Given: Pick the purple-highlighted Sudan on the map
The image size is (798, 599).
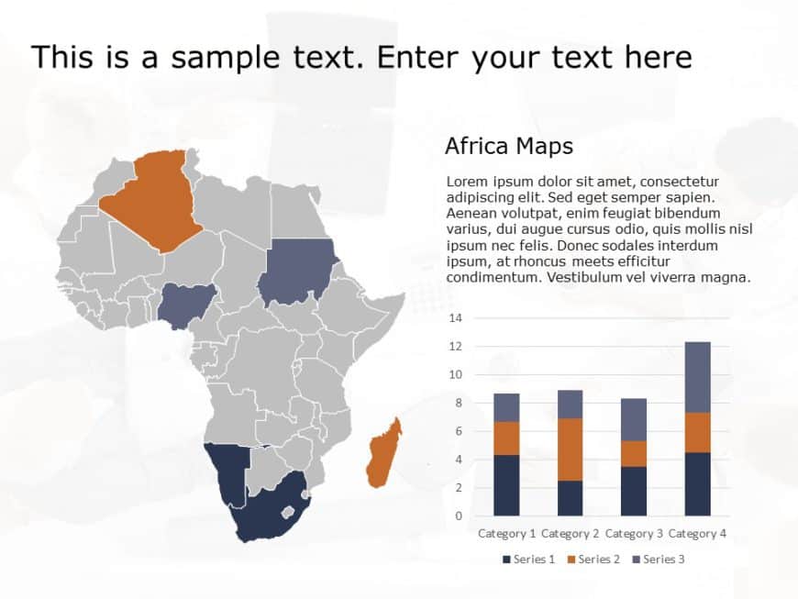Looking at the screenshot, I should click(x=295, y=271).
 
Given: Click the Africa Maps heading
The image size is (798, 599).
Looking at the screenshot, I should click(x=508, y=146).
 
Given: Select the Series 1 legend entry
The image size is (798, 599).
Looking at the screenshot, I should click(x=529, y=559).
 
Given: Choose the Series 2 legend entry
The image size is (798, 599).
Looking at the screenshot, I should click(x=593, y=559).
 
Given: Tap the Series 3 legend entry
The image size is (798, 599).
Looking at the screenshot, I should click(x=658, y=559).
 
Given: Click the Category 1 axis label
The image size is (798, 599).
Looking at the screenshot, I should click(x=506, y=533).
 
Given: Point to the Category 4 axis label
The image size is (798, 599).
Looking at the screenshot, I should click(x=698, y=533).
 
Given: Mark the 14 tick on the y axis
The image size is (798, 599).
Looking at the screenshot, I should click(x=456, y=318).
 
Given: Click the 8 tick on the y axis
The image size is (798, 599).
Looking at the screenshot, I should click(x=459, y=403).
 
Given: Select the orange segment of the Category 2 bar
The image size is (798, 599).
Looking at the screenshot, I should click(x=571, y=449).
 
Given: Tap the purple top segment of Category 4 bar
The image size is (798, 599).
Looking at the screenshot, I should click(x=698, y=377).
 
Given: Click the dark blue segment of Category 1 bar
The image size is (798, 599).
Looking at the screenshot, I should click(x=506, y=484).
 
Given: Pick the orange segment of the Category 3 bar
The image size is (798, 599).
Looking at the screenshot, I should click(x=634, y=453).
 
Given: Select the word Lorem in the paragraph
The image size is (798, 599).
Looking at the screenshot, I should click(x=466, y=182).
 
